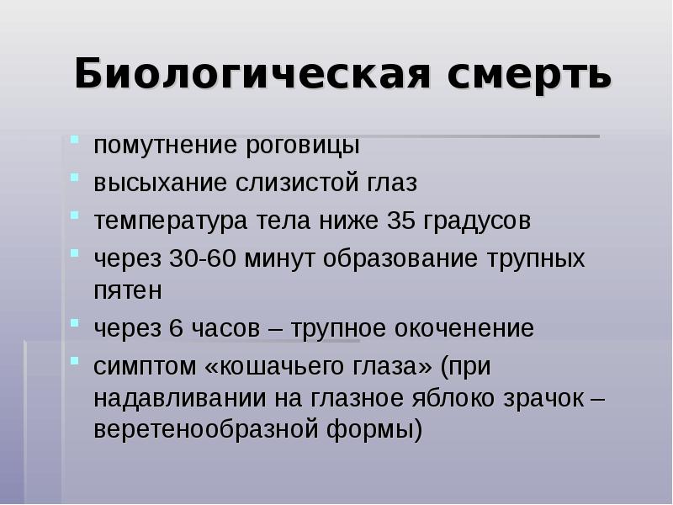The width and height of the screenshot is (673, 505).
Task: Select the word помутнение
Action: pos(152,145)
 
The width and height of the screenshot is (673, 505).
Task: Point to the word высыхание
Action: pos(146,183)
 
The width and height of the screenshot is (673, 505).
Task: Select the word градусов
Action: pos(478,221)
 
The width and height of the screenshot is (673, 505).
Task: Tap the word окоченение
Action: pos(469,328)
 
